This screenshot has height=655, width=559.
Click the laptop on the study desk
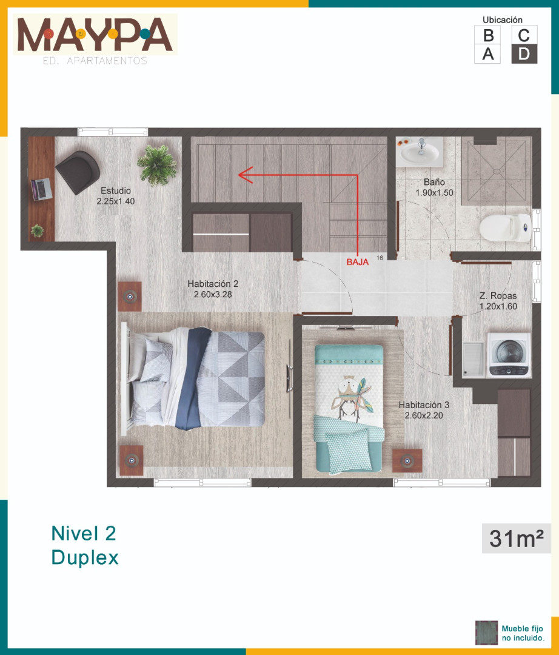coord(41,189)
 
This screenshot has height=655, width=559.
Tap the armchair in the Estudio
coord(78,172)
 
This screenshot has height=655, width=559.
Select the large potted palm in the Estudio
coord(156,164)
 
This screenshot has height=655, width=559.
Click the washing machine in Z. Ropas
coord(509,355)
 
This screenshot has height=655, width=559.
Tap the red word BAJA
coord(357,263)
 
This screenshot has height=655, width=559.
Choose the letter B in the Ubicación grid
coord(488,36)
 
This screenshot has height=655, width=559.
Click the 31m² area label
coord(517,539)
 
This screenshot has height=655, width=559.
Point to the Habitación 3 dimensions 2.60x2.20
coord(424,415)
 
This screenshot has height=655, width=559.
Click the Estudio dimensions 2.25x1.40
coord(116,201)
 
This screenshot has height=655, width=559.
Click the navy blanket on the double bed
coord(192,378)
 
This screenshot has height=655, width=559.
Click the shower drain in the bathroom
coord(496,171)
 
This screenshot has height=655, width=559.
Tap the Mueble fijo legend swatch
coord(486,633)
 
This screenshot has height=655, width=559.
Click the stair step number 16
coord(380,258)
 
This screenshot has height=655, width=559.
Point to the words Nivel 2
coord(84,534)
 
